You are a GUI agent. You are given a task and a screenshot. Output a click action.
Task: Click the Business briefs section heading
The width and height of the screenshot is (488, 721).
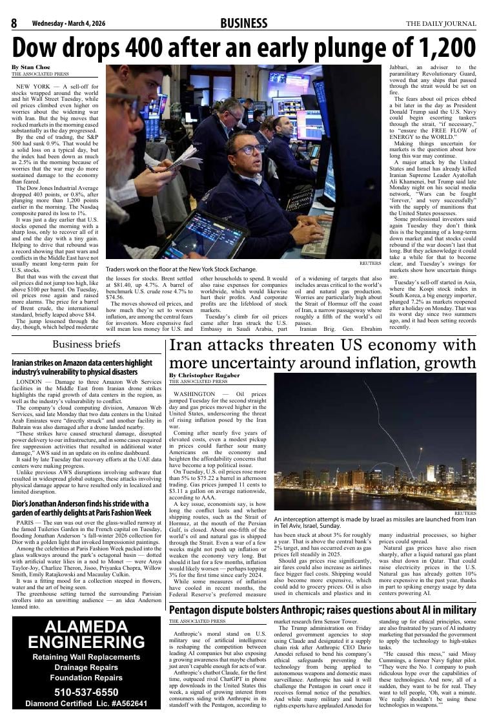click(x=86, y=344)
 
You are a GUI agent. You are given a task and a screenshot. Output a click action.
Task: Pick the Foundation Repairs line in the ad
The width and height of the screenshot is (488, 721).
click(x=86, y=678)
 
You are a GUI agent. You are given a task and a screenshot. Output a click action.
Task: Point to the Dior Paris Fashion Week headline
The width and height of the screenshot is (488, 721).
click(x=81, y=508)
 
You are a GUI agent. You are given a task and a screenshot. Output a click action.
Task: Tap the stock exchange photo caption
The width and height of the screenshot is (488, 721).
click(x=181, y=269)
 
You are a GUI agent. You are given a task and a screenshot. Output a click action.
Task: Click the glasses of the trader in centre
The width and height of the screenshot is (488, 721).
click(x=250, y=150)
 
